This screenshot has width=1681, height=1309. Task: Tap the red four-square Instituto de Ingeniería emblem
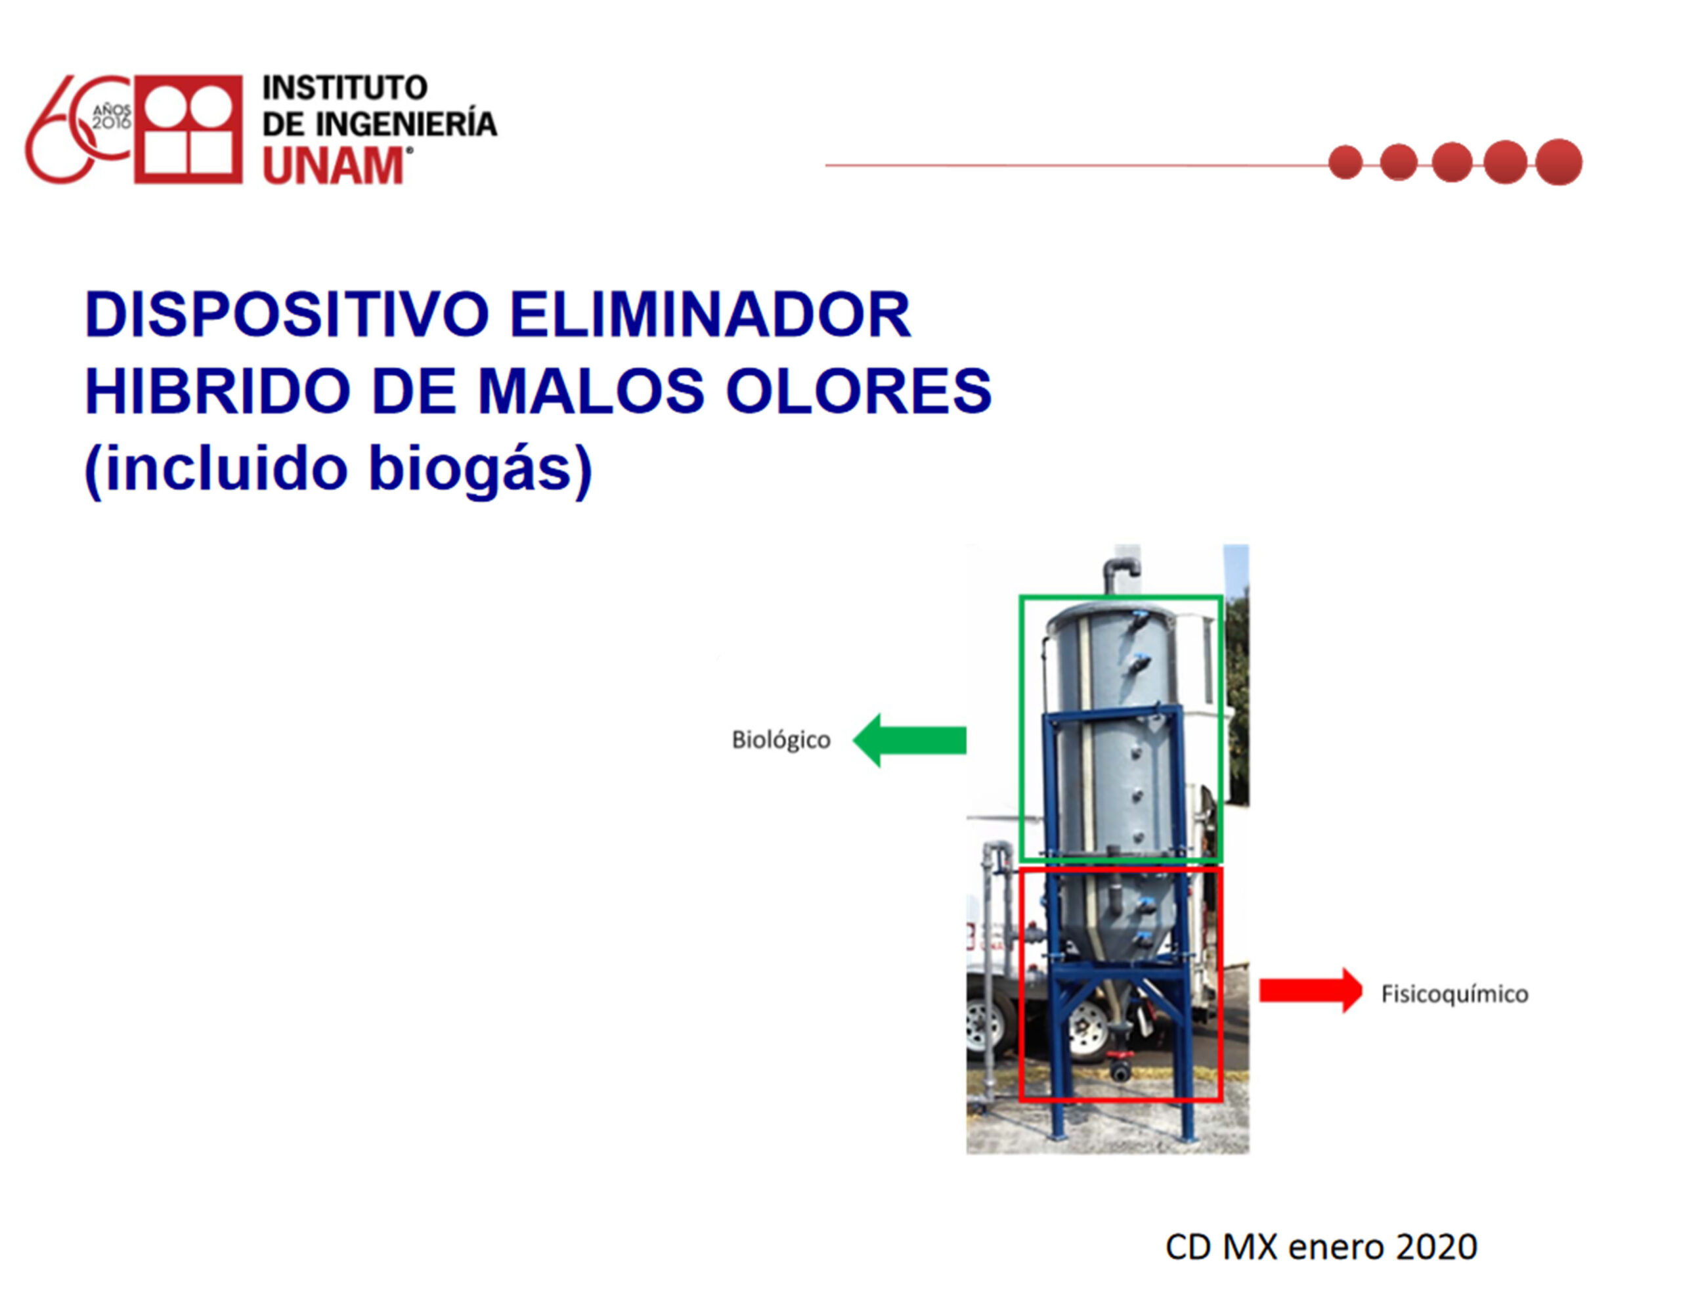point(188,129)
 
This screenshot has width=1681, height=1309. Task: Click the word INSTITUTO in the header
point(345,88)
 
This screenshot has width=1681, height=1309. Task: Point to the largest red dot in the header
point(1559,162)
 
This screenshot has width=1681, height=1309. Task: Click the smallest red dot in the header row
point(1345,162)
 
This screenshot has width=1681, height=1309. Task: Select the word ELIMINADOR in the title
point(710,314)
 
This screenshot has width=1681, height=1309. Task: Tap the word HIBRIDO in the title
point(218,390)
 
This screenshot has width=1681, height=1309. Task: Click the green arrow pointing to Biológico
point(909,740)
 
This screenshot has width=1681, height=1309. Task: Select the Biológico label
point(781,740)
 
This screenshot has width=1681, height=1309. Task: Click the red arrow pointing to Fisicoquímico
point(1311,990)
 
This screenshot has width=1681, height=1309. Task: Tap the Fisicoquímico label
point(1454,994)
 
